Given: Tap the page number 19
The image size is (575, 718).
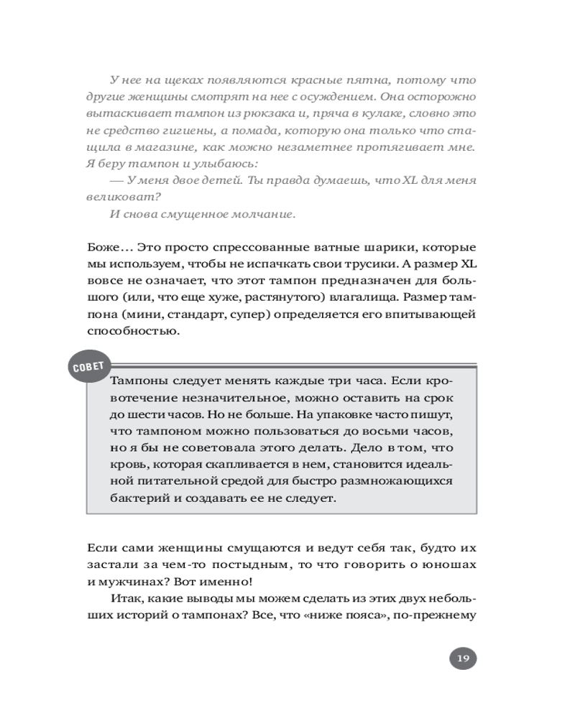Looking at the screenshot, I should point(463,658).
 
